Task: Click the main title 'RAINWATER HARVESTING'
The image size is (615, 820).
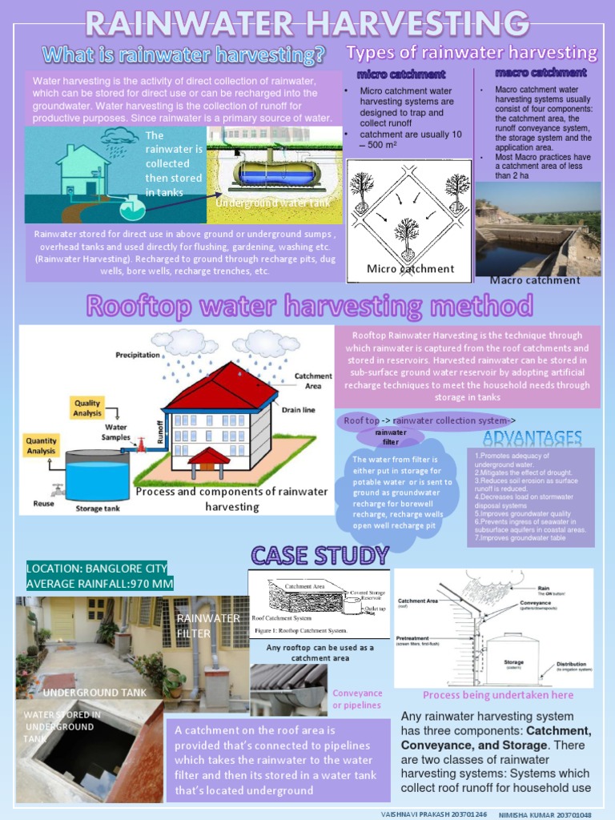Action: coord(307,23)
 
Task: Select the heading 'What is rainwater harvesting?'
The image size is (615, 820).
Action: coord(184,55)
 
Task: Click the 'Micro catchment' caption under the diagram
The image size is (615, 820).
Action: coord(410,268)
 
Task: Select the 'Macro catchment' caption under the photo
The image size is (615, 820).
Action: coord(535,280)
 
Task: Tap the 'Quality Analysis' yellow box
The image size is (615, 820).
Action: coord(87,408)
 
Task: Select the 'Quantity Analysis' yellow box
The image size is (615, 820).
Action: coord(41,446)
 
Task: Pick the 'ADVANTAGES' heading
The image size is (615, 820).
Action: coord(532,437)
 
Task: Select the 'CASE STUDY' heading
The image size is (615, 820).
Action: coord(320,554)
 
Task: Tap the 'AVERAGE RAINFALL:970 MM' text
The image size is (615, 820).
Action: coord(100,584)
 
